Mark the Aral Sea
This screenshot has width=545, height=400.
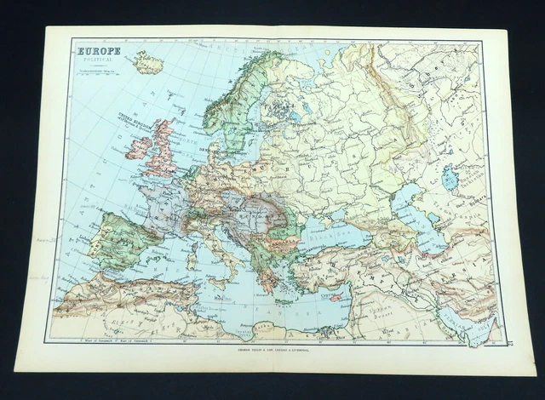(x=450, y=178)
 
